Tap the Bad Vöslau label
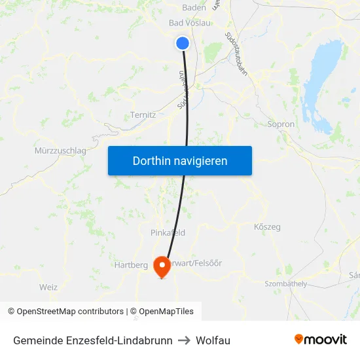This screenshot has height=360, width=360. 190,23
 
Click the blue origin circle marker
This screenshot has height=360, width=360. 183,43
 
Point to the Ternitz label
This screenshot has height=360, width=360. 143,115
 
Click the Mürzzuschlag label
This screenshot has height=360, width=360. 60,151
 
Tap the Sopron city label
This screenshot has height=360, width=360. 281,124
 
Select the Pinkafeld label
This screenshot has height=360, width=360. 168,232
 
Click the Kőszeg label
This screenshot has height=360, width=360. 266,227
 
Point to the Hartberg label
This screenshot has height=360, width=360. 131,265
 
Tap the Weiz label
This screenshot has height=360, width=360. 48,287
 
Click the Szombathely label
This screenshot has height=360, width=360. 285,284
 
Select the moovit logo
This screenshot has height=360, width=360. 321,340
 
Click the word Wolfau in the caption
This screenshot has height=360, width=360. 213,340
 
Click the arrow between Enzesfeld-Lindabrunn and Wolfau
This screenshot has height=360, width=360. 184,340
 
